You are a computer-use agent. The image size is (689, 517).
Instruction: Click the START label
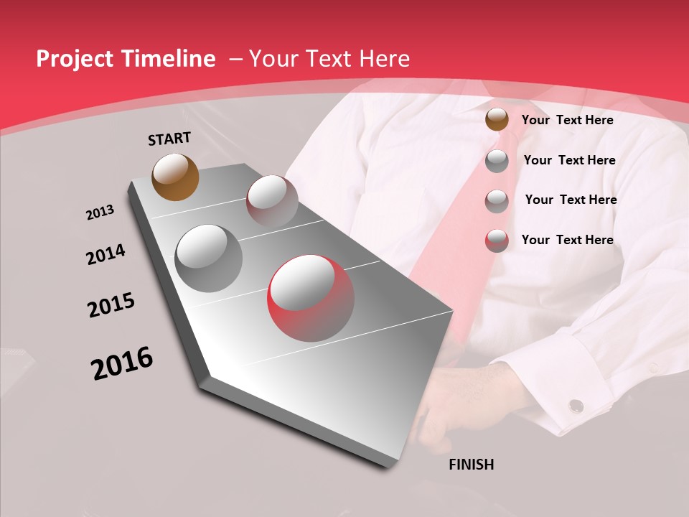tap(169, 139)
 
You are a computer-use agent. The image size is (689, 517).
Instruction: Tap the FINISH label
tap(471, 465)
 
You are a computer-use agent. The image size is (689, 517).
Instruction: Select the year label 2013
tap(100, 213)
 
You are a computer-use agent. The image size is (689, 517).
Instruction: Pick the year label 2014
tap(106, 254)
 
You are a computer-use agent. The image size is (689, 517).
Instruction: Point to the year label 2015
tap(111, 305)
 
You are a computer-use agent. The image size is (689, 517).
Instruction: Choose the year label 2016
tap(122, 363)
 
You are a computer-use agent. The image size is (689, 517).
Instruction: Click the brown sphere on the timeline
tap(175, 177)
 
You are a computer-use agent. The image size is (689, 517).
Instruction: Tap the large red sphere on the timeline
tap(311, 298)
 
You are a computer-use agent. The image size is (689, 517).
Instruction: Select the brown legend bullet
tap(497, 120)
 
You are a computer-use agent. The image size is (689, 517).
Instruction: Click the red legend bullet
tap(497, 241)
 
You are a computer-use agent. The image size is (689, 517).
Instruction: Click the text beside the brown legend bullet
tap(567, 120)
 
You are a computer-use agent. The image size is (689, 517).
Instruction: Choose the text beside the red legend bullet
tap(567, 240)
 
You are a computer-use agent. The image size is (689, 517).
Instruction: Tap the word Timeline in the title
tap(169, 59)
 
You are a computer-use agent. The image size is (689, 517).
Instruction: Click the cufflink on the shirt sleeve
tap(576, 406)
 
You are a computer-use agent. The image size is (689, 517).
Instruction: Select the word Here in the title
tap(386, 59)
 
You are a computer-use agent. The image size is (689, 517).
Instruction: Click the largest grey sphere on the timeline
tap(209, 258)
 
